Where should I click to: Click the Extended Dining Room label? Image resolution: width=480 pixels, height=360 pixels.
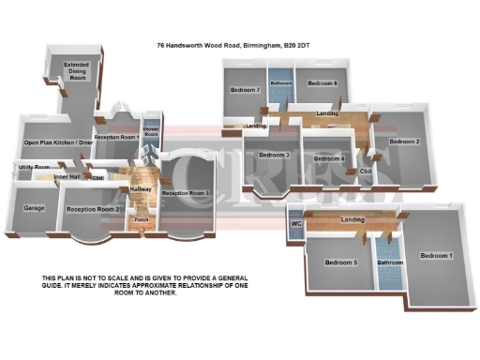click(x=76, y=71)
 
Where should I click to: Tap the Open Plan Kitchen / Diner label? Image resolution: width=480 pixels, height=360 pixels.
click(x=58, y=143)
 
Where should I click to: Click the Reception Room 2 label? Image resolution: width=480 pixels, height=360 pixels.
click(x=94, y=209)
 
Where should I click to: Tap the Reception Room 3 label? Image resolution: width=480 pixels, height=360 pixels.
click(x=185, y=193)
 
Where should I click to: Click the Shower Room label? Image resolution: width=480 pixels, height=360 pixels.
click(x=151, y=131)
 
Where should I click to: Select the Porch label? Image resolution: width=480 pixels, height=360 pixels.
click(x=142, y=220)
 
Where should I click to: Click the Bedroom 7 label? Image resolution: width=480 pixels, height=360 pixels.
click(x=245, y=89)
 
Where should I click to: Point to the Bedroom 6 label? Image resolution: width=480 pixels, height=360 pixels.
click(x=322, y=82)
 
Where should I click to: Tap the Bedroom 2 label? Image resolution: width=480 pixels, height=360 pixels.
click(x=404, y=142)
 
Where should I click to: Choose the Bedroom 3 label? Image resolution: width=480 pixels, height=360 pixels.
click(x=273, y=154)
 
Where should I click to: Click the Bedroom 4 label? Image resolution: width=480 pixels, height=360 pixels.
click(x=329, y=158)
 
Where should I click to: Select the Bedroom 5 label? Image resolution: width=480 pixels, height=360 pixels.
click(x=342, y=262)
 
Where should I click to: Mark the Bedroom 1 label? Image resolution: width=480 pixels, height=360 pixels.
click(x=435, y=256)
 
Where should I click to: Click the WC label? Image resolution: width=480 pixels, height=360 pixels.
click(x=295, y=225)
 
